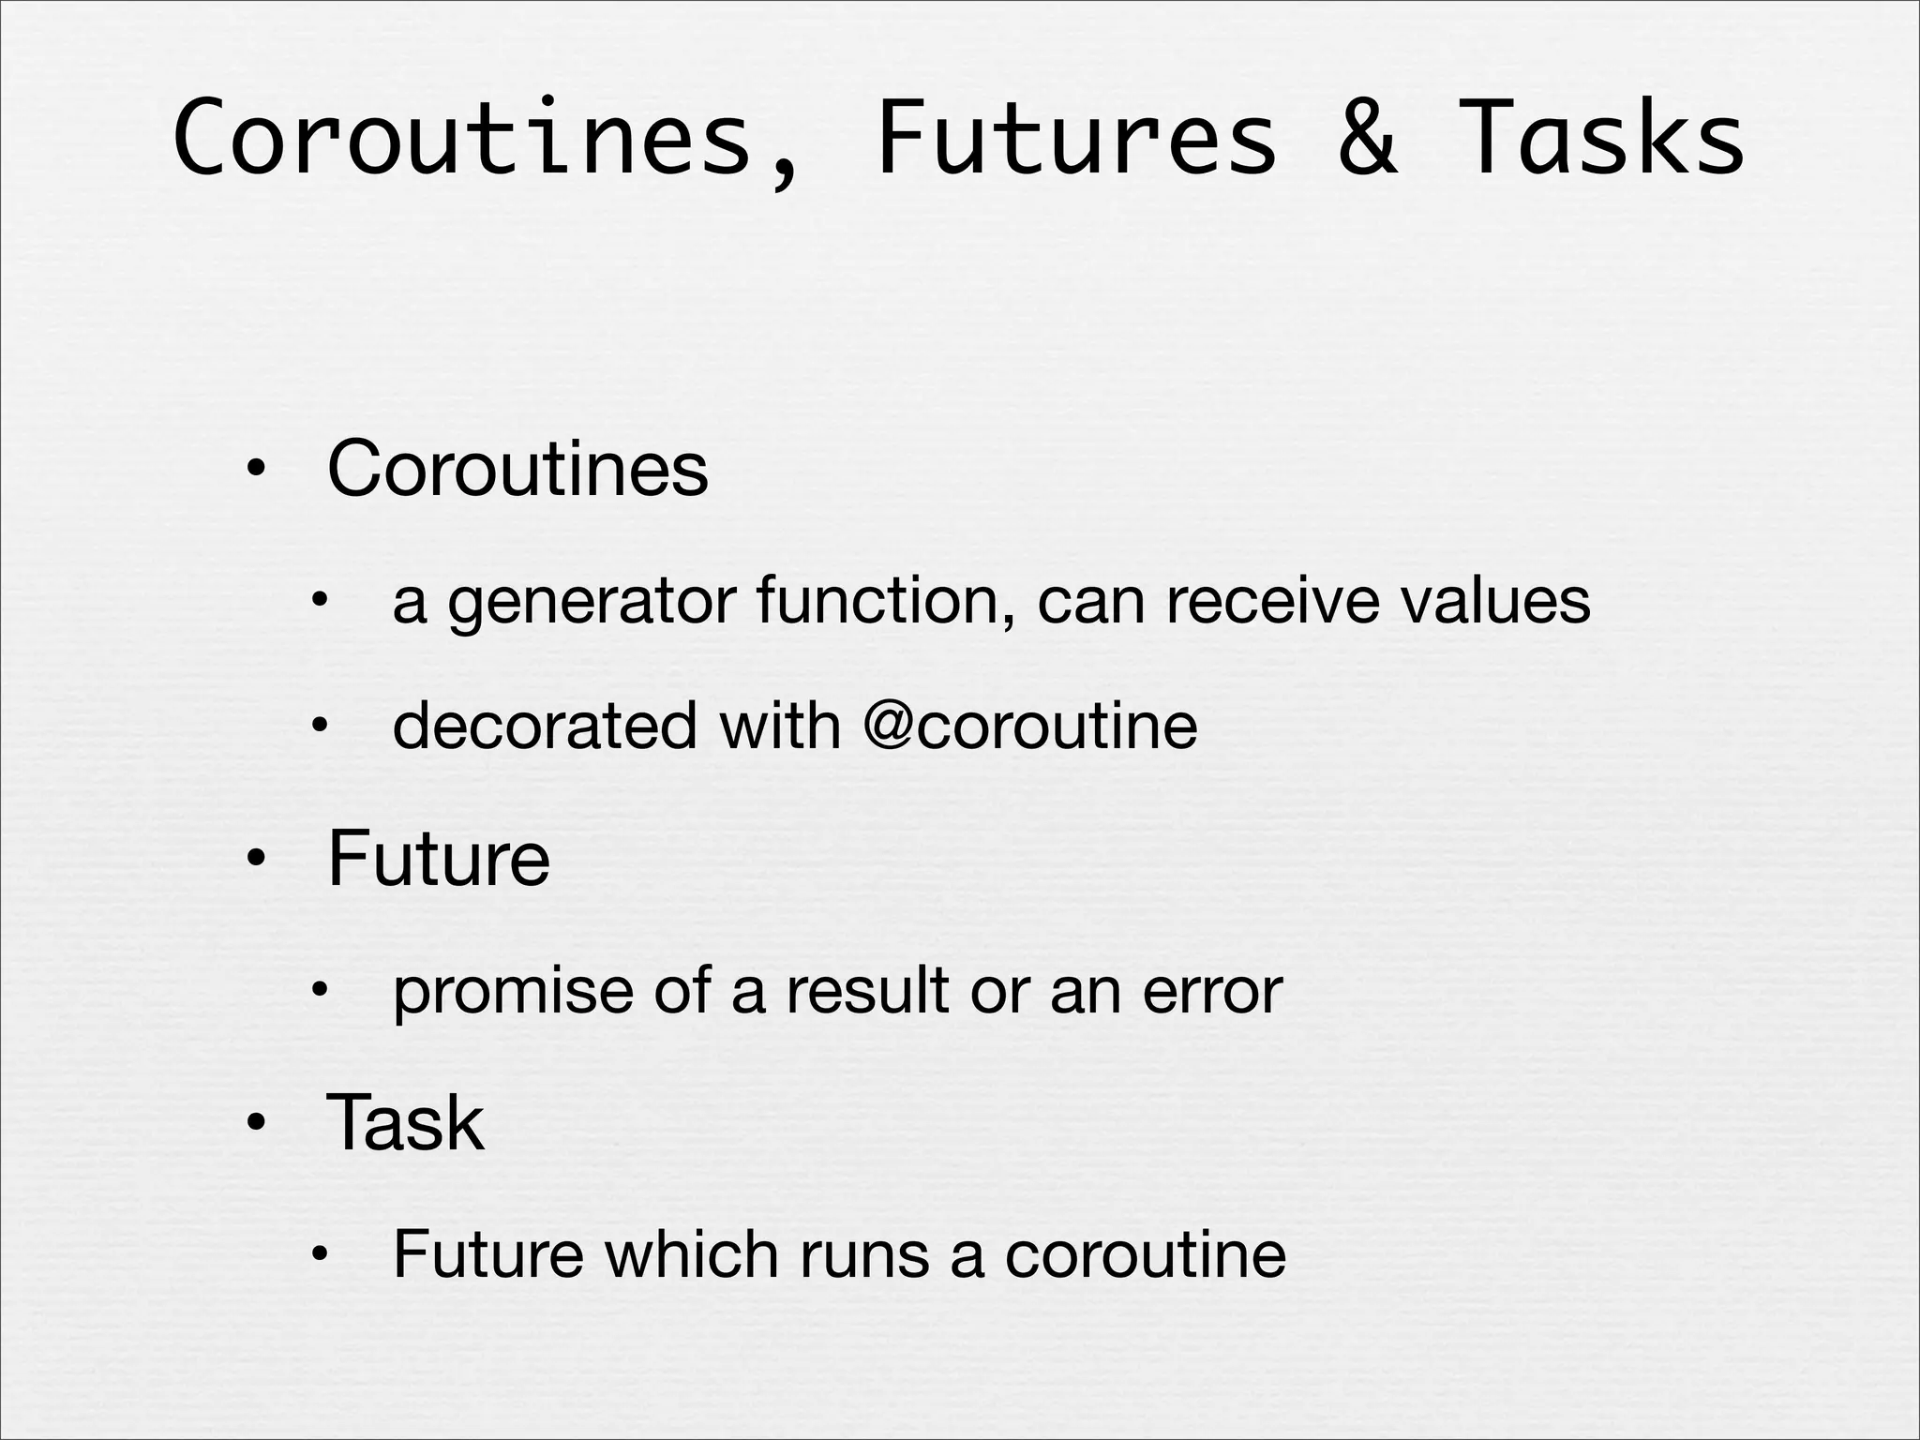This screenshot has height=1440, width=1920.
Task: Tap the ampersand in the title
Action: click(x=1367, y=139)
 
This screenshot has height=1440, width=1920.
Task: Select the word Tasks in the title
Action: click(x=1601, y=139)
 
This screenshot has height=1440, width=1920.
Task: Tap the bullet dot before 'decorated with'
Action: click(x=320, y=725)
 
